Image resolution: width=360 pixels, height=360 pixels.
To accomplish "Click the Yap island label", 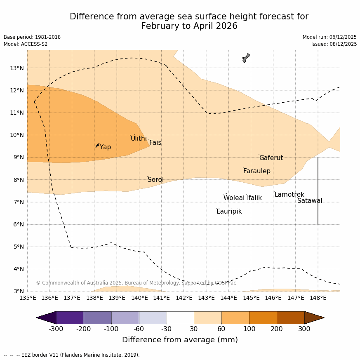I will (x=105, y=147).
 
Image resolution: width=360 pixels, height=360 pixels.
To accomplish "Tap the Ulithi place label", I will (x=139, y=139).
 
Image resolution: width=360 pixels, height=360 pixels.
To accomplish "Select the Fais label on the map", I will (x=155, y=143).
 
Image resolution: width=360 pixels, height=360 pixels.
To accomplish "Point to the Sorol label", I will (x=155, y=180).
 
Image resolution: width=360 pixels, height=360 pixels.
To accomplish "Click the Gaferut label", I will (x=271, y=158).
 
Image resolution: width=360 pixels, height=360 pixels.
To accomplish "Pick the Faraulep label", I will (x=256, y=171).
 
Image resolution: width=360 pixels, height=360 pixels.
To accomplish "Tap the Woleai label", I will (x=234, y=198).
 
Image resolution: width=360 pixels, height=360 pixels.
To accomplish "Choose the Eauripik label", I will (x=229, y=212).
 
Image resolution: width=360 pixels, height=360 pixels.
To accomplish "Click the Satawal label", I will (x=310, y=201).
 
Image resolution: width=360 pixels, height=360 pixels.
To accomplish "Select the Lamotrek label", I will (x=289, y=195).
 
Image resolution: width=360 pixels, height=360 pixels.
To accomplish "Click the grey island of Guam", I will (x=246, y=58).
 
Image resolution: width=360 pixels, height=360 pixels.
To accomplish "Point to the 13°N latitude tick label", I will (x=16, y=68).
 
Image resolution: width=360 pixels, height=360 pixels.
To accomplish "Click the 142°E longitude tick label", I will (x=184, y=298).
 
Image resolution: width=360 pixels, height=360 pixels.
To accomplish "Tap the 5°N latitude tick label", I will (x=18, y=247).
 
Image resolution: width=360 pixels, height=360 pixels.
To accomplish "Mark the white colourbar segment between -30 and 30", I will (x=180, y=318).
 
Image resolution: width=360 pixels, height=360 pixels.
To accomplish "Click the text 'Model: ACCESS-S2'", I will (x=26, y=44).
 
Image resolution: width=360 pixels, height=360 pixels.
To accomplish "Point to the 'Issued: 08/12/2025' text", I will (x=334, y=44).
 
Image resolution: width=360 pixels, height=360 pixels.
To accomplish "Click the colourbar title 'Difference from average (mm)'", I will (x=180, y=340).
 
